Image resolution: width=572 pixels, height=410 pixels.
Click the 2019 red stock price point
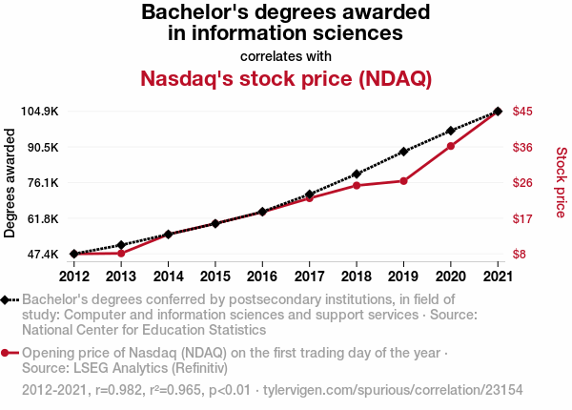click(403, 181)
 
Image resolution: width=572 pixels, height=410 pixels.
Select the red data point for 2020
click(451, 146)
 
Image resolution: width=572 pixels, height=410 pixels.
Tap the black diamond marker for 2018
click(357, 174)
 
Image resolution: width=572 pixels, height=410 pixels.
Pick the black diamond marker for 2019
click(403, 152)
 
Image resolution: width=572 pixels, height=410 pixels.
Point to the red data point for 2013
click(121, 254)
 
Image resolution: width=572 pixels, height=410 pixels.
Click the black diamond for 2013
click(121, 245)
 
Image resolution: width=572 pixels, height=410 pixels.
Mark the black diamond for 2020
click(451, 131)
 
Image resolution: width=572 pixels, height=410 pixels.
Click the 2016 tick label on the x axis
click(262, 277)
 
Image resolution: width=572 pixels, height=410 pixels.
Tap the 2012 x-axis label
click(74, 277)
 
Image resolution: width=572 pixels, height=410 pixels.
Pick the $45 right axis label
click(522, 112)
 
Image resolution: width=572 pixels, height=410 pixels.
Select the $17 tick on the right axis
click(522, 218)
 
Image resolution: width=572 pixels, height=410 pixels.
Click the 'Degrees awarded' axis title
click(10, 183)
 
